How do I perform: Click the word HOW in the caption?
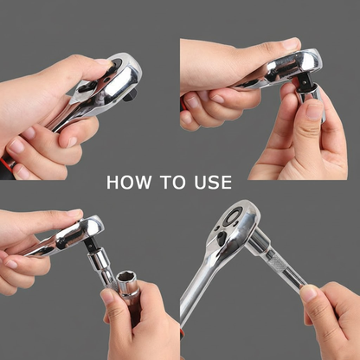[129, 183]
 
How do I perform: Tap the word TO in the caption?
[173, 183]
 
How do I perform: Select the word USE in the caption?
[213, 183]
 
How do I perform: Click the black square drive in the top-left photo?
[129, 95]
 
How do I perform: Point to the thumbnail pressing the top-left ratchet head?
[104, 62]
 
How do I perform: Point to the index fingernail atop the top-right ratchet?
[291, 43]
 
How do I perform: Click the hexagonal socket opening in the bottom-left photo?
[126, 278]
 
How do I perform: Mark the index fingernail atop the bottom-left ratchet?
[74, 213]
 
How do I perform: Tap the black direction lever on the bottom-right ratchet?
[222, 237]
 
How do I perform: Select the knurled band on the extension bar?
[275, 262]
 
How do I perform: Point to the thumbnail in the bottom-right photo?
[308, 293]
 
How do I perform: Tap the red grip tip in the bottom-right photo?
[182, 335]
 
